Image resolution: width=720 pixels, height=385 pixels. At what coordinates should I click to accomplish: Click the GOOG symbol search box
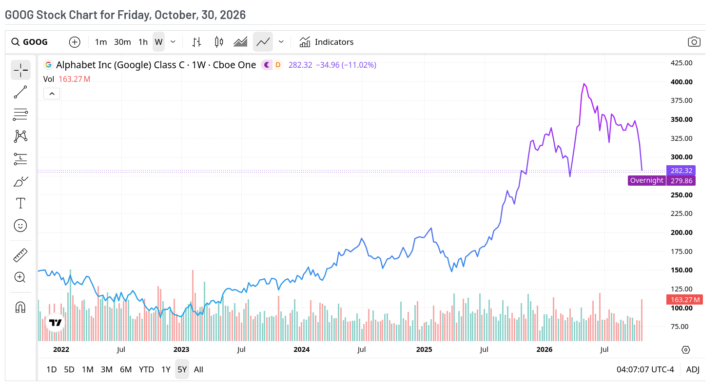pos(30,42)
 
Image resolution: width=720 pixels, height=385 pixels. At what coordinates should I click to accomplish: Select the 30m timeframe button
pos(122,42)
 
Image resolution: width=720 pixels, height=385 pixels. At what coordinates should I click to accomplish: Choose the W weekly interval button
pos(158,42)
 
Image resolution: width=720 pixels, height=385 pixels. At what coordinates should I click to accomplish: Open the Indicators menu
pos(327,42)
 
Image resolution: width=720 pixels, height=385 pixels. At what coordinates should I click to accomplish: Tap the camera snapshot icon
pos(694,42)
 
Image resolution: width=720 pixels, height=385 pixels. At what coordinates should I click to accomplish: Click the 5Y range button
pos(182,369)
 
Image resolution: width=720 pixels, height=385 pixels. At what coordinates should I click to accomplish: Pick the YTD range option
pos(146,369)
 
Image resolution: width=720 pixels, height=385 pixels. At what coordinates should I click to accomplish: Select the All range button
pos(198,369)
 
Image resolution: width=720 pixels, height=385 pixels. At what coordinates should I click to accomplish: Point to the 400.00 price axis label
pos(681,82)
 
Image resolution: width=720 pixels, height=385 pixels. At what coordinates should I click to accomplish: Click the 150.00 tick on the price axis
pos(681,270)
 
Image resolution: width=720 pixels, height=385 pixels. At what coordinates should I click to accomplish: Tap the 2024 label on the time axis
pos(301,349)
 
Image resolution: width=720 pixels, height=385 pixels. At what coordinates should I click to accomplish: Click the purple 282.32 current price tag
pos(681,170)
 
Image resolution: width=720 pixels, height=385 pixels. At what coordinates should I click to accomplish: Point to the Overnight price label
pos(647,181)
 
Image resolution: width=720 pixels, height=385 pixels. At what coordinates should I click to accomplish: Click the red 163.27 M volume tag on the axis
pos(684,300)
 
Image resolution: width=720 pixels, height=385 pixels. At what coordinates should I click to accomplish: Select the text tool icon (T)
pos(20,203)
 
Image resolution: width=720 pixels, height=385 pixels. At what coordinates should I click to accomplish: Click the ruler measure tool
pos(20,255)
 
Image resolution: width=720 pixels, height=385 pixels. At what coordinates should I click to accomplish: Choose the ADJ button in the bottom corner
pos(693,369)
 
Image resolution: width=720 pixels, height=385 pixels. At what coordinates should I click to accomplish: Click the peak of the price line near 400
pos(584,84)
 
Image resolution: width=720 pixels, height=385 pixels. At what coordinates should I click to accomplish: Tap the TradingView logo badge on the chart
pos(55,322)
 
